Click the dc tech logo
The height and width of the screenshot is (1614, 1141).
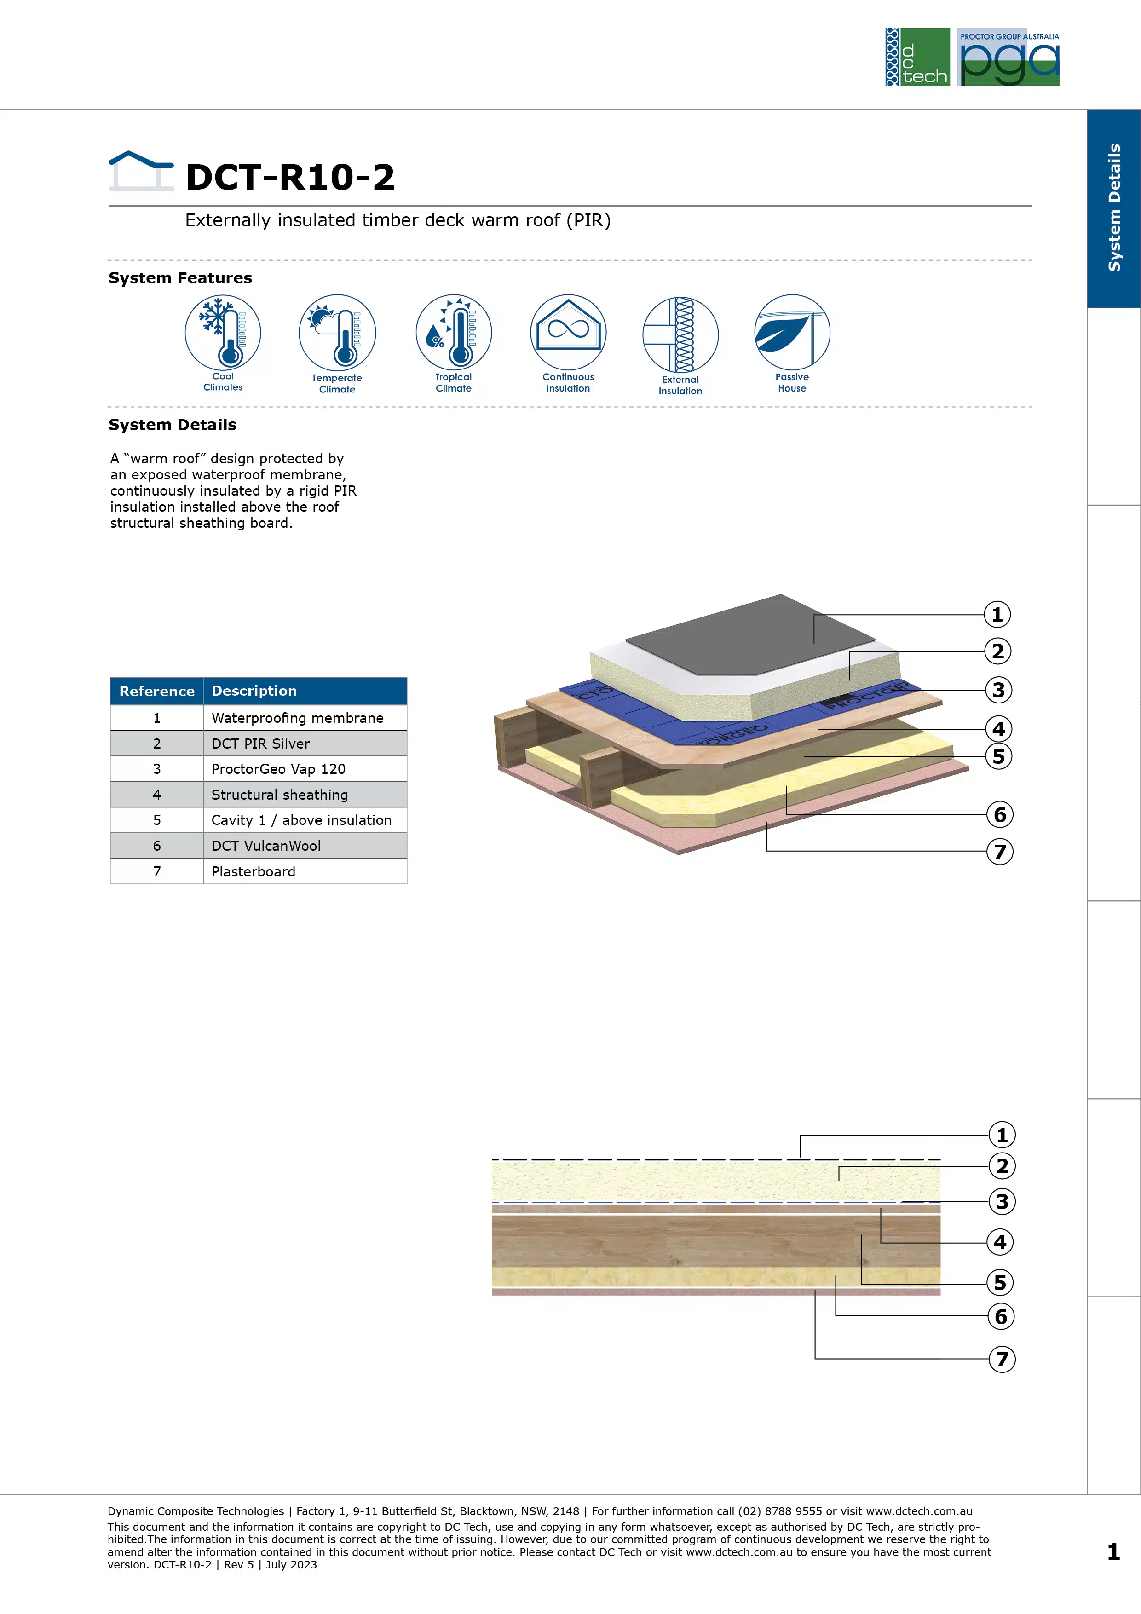click(x=917, y=57)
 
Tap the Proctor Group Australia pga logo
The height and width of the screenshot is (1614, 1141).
click(x=1008, y=57)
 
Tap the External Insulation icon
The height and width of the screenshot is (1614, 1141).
click(x=680, y=334)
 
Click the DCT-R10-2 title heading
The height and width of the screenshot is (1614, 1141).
click(x=290, y=176)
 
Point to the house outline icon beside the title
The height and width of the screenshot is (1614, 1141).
click(x=141, y=171)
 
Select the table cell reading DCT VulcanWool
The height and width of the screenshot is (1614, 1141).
click(x=305, y=846)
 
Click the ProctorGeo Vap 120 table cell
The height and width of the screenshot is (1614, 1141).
click(x=305, y=769)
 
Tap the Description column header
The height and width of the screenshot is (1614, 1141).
click(x=305, y=691)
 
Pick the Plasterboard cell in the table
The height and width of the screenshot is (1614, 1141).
click(x=305, y=872)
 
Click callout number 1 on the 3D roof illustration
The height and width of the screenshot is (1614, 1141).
click(x=997, y=614)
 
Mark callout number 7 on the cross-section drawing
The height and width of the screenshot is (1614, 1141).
click(x=1002, y=1359)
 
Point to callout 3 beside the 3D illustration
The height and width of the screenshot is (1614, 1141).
click(x=998, y=690)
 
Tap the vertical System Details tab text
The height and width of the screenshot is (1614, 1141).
click(x=1114, y=208)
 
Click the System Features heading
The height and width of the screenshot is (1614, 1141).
click(x=180, y=278)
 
